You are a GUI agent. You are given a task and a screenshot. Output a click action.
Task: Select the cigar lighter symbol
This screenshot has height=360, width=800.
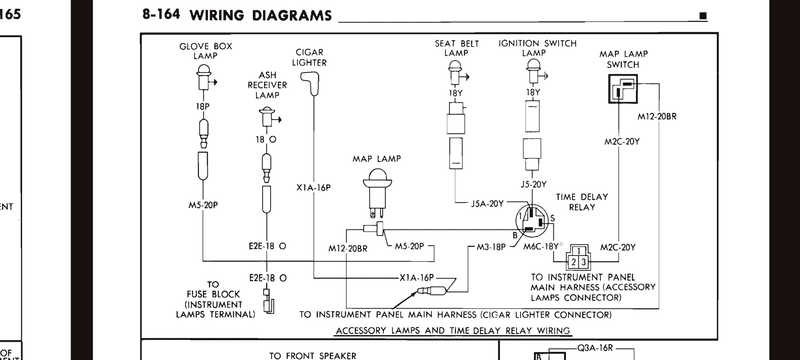tap(309, 84)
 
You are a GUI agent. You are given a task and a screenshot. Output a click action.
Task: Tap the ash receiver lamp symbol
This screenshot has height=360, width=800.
tap(268, 117)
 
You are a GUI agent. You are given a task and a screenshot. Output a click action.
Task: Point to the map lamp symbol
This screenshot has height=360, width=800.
tap(377, 196)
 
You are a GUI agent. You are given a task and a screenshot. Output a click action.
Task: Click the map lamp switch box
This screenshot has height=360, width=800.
tap(623, 88)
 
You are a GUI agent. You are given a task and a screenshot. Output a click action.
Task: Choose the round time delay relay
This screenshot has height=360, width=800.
tap(532, 220)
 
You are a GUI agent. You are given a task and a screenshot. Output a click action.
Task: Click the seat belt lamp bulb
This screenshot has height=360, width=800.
tap(455, 72)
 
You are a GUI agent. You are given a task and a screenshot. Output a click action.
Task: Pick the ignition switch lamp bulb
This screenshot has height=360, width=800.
tap(534, 71)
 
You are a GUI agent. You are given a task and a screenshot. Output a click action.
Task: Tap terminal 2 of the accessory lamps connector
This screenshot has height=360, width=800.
tap(573, 262)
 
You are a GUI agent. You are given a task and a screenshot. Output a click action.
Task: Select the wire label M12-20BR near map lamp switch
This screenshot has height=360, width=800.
tap(657, 116)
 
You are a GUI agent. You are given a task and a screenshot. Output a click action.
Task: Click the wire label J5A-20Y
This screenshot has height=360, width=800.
tap(487, 203)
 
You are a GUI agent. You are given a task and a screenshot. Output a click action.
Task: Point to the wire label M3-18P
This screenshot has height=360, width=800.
tap(491, 247)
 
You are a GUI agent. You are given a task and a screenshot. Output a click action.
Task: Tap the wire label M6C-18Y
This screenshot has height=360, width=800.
tap(541, 247)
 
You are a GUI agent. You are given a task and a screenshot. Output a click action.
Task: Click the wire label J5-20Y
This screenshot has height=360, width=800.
tap(534, 185)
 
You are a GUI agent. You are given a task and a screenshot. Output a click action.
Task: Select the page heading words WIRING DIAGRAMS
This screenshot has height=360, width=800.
tap(260, 16)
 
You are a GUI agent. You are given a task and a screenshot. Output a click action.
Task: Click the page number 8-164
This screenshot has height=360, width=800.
tap(161, 14)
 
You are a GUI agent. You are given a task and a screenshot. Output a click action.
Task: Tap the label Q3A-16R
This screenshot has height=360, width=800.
tap(595, 348)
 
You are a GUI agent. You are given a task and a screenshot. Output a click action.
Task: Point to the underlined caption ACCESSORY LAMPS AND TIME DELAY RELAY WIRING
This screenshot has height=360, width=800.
tap(453, 330)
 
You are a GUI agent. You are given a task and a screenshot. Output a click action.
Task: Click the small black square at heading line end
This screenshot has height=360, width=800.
tap(703, 16)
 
